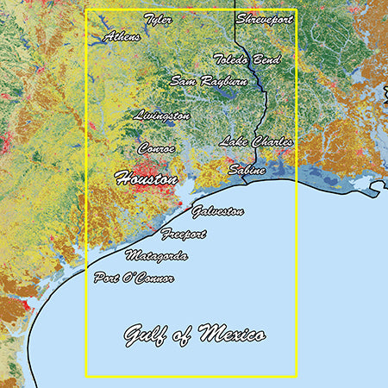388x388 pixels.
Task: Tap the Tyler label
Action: coord(158,18)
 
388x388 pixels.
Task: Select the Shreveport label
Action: coord(266,18)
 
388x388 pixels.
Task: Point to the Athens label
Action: coord(122,37)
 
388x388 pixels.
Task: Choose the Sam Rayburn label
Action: coord(209,81)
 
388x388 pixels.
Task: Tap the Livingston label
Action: coord(162,115)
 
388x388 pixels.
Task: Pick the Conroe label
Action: coord(156,148)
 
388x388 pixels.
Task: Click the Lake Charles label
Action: coord(256,141)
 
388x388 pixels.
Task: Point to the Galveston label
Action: coord(217,211)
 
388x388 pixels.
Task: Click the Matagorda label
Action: coord(156,256)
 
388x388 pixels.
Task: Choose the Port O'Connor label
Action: coord(134,278)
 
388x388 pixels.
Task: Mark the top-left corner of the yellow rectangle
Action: coord(86,10)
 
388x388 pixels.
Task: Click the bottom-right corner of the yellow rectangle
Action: coord(296,376)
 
